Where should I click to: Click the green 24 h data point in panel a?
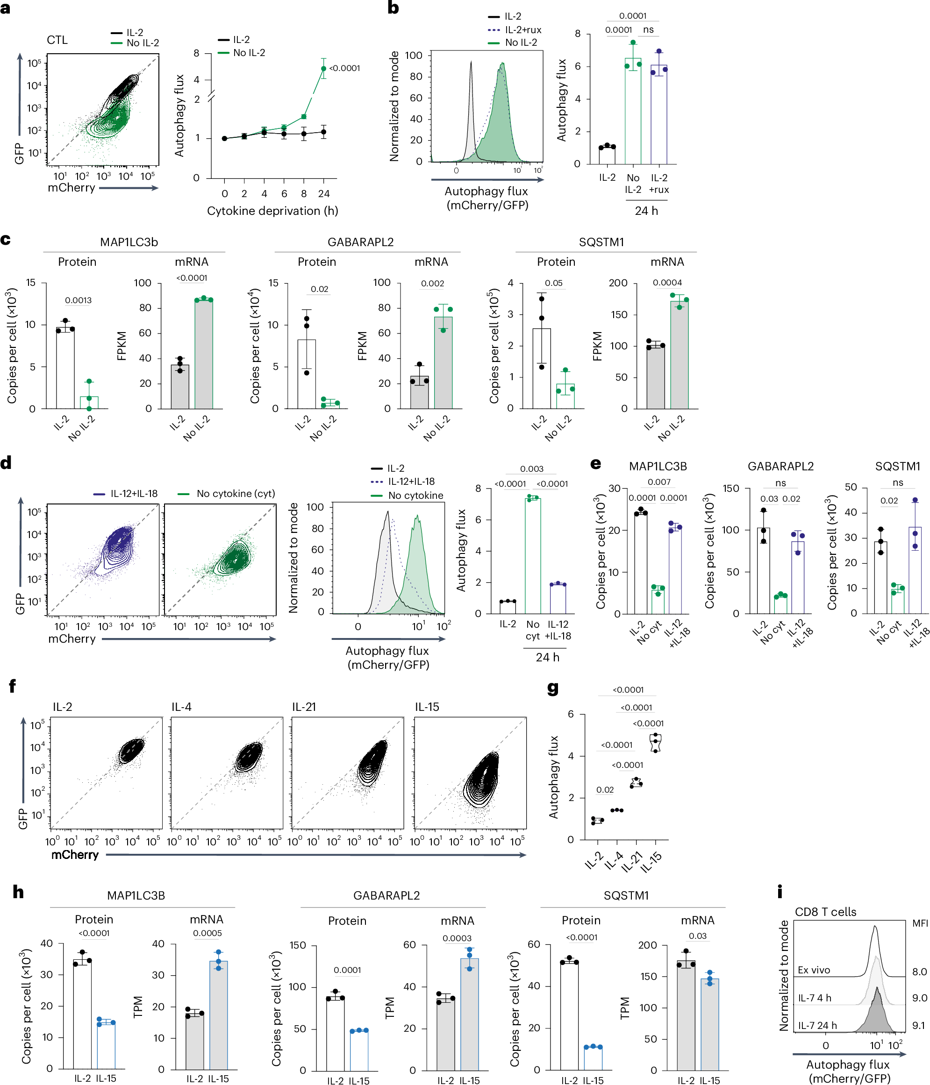click(323, 69)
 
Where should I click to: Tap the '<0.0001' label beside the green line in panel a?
click(344, 68)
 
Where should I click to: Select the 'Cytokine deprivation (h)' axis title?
click(272, 211)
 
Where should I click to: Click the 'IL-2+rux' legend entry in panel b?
click(522, 30)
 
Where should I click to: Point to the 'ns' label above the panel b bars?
click(648, 30)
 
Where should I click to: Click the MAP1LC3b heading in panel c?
click(129, 242)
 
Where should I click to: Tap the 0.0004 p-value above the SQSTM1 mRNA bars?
click(667, 283)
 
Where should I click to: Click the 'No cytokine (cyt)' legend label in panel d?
click(235, 494)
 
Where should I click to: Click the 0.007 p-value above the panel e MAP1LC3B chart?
click(658, 482)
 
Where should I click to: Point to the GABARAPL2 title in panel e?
click(780, 466)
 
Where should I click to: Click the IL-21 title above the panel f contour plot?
click(304, 707)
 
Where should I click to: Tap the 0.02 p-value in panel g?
click(605, 790)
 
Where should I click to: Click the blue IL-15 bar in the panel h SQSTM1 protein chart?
click(593, 1058)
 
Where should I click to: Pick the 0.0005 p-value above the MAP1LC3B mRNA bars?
click(207, 933)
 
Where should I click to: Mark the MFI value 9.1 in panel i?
click(918, 1026)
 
